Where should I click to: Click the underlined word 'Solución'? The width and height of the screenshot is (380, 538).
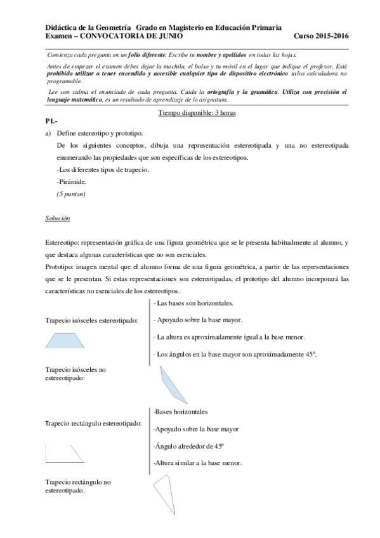pyautogui.click(x=57, y=218)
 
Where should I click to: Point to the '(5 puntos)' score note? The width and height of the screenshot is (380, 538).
pyautogui.click(x=70, y=194)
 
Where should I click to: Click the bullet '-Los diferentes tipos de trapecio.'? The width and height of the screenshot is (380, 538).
pyautogui.click(x=103, y=169)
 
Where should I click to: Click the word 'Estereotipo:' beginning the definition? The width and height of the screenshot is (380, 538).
pyautogui.click(x=63, y=243)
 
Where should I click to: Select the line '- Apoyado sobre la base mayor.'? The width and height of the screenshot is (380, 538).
pyautogui.click(x=198, y=320)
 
